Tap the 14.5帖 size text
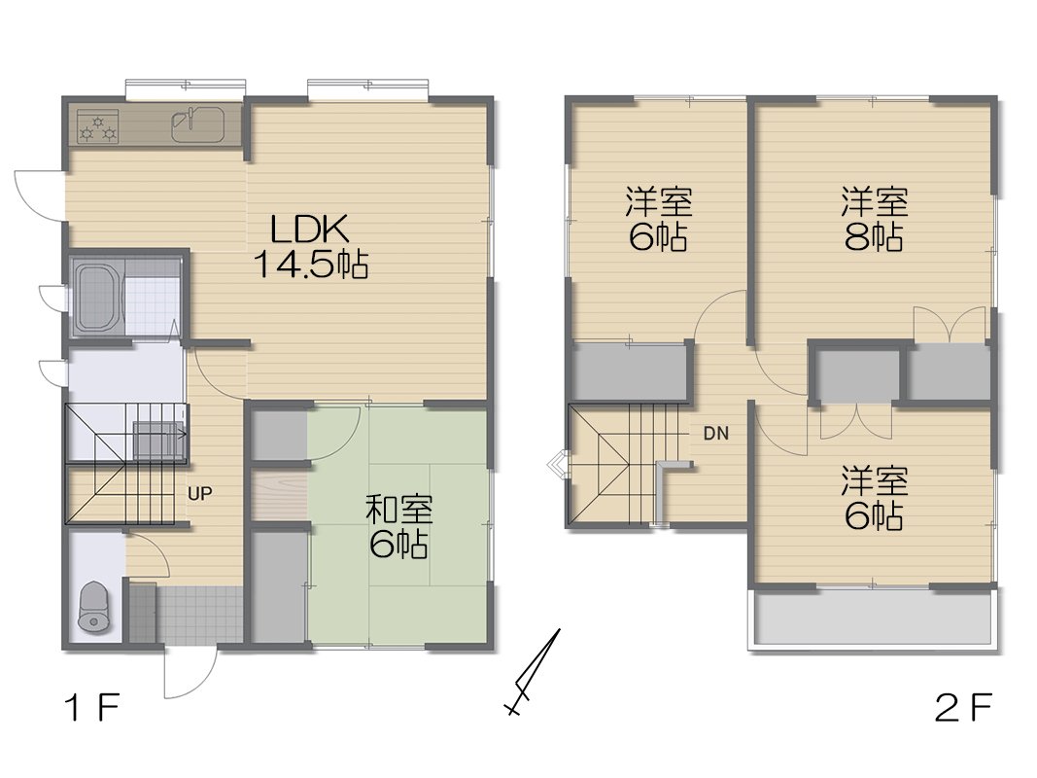311,265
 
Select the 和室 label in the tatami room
399,510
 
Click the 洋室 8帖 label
875,218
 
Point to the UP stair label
200,493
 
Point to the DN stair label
716,434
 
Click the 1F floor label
92,709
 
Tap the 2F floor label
963,709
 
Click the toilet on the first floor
93,607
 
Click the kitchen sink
197,124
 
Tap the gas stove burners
98,126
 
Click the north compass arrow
533,672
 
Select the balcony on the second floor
873,618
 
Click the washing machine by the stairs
158,440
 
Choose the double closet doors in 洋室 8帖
950,324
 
